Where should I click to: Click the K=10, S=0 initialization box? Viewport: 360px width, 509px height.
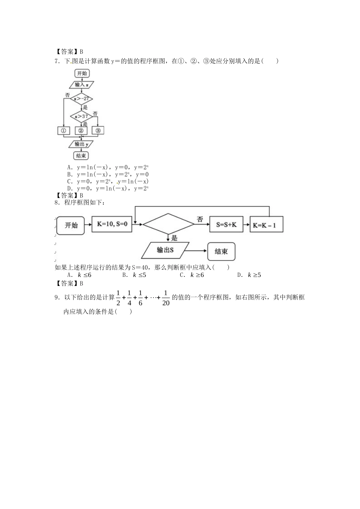[112, 224]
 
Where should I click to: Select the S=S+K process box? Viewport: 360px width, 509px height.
[226, 224]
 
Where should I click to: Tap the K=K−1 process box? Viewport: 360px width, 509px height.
[266, 224]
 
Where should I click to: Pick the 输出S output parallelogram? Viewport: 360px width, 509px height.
[165, 250]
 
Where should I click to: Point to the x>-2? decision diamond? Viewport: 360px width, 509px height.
[81, 98]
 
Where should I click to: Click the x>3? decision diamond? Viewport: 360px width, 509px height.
[81, 116]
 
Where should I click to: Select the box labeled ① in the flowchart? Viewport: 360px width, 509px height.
[63, 131]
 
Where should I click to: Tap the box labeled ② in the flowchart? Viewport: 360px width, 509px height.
[81, 131]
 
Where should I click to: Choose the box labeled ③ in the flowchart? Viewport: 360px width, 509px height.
[98, 131]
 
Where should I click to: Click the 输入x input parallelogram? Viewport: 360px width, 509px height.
[81, 85]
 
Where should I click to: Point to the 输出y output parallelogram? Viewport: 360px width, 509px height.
[81, 144]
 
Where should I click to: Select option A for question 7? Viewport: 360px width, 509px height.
[108, 167]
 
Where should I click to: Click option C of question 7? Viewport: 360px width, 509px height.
[108, 181]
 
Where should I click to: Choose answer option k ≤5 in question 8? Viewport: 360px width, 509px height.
[134, 275]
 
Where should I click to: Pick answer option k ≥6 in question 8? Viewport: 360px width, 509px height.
[192, 275]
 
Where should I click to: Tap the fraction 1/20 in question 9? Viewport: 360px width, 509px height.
[166, 298]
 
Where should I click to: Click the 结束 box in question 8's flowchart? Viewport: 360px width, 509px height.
[221, 251]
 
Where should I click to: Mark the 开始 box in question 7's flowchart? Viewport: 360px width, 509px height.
[82, 73]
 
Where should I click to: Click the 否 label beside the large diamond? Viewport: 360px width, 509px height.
[200, 219]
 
